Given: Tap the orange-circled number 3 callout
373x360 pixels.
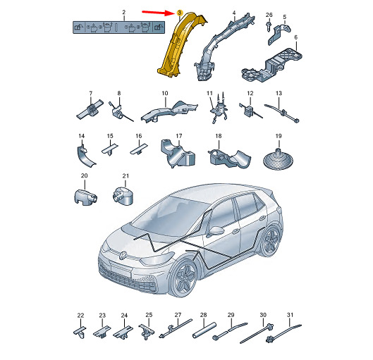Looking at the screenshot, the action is pos(179,13).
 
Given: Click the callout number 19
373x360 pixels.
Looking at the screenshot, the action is pos(279,136).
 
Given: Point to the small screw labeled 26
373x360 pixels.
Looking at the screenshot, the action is pos(269,25).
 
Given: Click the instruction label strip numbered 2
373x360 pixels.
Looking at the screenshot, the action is pos(118,27).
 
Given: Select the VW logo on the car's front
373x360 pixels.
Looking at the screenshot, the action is pos(123,256).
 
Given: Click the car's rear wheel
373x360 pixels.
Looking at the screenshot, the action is pos(271,241).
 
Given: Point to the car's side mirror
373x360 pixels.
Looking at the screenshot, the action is pos(214,231).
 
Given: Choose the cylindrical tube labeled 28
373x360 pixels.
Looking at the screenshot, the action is pos(204,330).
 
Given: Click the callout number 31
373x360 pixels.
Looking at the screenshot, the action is pos(290,315).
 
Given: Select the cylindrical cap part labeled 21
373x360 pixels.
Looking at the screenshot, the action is pos(123,195).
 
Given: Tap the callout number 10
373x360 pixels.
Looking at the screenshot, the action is pos(164,93).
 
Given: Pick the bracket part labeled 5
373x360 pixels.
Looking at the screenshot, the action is pos(280,33).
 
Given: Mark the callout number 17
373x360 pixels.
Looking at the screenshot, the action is pos(179,136).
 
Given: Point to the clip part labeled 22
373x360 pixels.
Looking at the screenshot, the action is pos(80,332).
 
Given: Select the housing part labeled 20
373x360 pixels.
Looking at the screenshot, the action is pos(85,197).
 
